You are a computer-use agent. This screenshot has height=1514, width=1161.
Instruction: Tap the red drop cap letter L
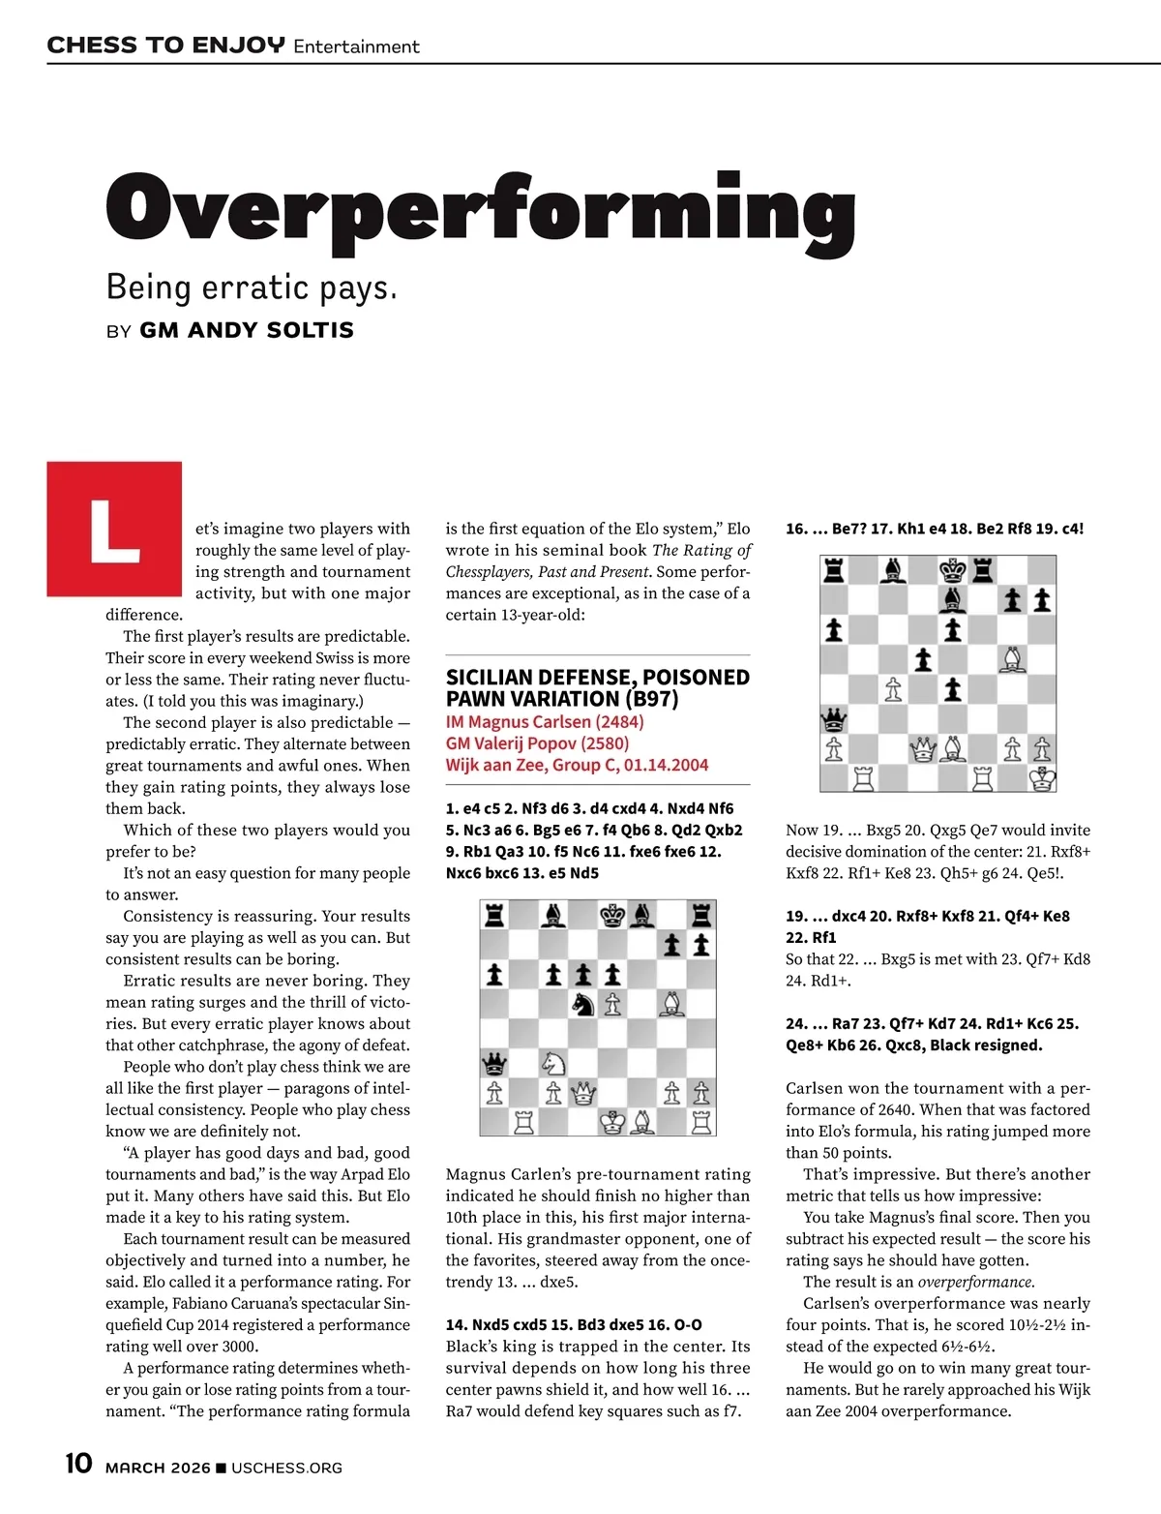(114, 530)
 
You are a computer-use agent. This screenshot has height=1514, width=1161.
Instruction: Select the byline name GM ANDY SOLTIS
(247, 330)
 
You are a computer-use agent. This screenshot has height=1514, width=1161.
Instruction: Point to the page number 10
(78, 1464)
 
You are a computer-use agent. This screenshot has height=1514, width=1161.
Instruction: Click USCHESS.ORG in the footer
(286, 1468)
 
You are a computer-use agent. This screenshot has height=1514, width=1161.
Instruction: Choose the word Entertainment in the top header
(356, 46)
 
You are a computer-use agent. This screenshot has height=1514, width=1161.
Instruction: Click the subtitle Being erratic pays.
(252, 288)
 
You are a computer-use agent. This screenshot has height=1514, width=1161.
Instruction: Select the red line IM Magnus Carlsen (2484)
(545, 722)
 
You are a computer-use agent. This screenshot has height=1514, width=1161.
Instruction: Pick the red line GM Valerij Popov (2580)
(537, 743)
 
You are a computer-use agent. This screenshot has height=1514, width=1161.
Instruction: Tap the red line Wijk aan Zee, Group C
(577, 765)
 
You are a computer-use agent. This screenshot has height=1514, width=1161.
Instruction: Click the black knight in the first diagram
(582, 1004)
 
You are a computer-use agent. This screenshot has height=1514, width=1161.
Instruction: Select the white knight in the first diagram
(553, 1063)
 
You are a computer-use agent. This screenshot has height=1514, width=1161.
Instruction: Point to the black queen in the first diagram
(494, 1064)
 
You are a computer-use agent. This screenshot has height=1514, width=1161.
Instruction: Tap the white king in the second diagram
(1042, 777)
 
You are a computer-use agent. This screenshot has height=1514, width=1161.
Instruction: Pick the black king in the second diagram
(953, 569)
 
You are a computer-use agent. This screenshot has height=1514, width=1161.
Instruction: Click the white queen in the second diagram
(923, 748)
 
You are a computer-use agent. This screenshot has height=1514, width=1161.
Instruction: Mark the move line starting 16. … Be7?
(935, 530)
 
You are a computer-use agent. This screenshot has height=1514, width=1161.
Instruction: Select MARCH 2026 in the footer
(157, 1468)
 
